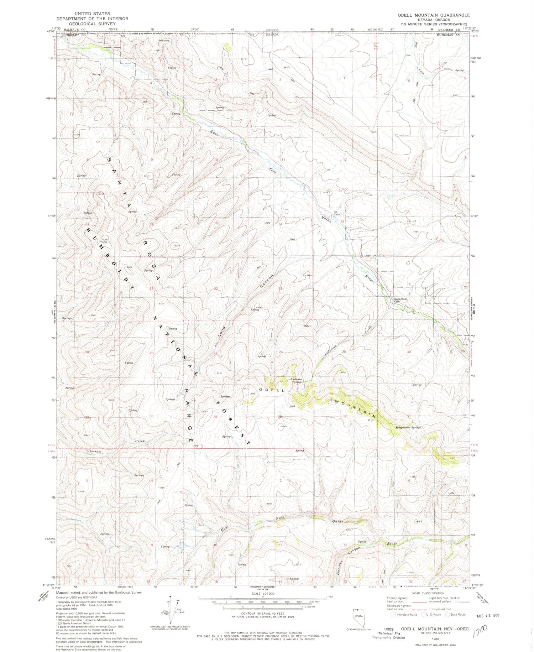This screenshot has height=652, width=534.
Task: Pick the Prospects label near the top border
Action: coord(164,41)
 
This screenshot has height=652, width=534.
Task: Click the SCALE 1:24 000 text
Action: coord(263,594)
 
